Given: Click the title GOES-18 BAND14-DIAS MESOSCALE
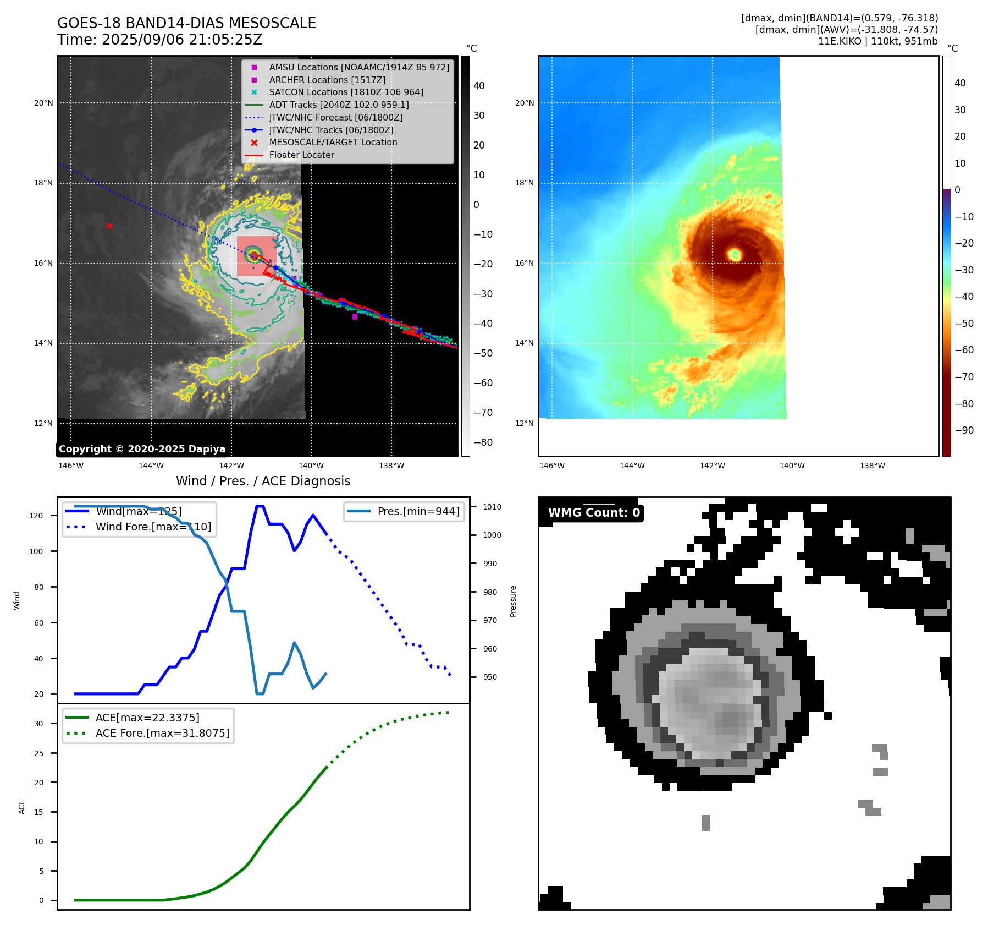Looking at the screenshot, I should pos(186,23).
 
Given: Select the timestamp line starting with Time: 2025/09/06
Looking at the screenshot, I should pos(159,40).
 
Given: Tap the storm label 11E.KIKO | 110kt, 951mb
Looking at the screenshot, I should pos(877,41).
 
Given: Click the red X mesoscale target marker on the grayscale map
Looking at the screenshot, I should pos(109,226).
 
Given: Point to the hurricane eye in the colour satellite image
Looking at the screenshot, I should pos(735,254).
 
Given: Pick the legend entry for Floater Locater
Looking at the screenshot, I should pos(301,155).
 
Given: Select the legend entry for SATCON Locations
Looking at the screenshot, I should pos(346,92).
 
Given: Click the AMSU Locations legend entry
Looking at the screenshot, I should pos(358,67).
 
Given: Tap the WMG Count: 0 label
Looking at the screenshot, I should pos(594,513).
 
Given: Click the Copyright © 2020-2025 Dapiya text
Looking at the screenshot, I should pos(142,449).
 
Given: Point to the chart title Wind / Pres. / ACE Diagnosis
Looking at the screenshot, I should pos(263,481).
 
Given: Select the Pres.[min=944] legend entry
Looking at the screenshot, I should pos(418,511).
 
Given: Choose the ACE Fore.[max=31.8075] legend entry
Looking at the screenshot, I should pos(162,733).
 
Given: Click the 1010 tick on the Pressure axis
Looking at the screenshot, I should pos(492,507).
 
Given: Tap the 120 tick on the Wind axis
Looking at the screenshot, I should pos(36,516).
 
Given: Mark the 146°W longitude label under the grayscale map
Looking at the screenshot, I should pos(71,466).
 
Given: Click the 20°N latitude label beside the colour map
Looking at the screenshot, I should pos(524,103).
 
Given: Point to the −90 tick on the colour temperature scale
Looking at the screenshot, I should pos(964,430).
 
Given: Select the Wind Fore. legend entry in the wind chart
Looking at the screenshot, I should pos(153,527).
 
